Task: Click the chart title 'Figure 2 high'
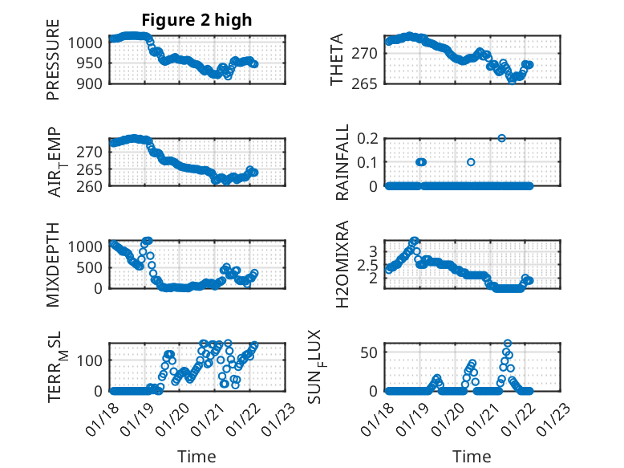click(197, 19)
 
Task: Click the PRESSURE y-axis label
click(54, 65)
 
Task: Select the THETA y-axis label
click(338, 60)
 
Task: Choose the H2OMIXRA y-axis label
click(342, 262)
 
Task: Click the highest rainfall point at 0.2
click(502, 138)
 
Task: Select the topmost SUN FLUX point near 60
click(507, 343)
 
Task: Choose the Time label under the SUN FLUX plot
click(472, 457)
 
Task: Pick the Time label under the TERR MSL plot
click(197, 457)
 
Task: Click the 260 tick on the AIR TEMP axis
click(91, 186)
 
